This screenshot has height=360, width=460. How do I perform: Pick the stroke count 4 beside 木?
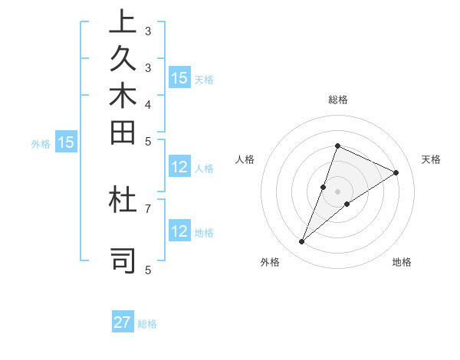click(148, 103)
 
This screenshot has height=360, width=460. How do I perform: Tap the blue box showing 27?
click(123, 322)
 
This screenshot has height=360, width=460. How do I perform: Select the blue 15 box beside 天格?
click(179, 77)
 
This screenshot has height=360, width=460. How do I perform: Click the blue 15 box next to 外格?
click(67, 142)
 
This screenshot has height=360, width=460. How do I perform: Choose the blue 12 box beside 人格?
click(179, 168)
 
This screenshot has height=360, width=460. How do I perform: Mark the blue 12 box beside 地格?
click(179, 231)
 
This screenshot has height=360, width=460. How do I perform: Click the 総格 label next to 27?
click(147, 324)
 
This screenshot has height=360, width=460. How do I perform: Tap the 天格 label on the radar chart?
click(431, 159)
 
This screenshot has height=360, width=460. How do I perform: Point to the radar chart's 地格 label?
click(402, 262)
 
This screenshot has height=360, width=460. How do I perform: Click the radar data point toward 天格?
click(396, 172)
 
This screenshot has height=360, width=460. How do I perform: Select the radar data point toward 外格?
click(302, 242)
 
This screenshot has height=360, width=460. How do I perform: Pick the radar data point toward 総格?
click(337, 146)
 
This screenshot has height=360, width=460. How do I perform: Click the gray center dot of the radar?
click(337, 191)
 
